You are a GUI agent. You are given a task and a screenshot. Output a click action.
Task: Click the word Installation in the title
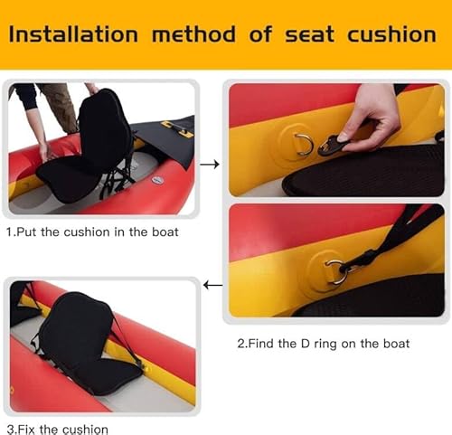click(x=73, y=34)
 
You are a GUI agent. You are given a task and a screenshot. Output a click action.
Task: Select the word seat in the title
click(x=307, y=34)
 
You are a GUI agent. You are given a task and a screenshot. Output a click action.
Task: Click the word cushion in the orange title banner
click(x=392, y=34)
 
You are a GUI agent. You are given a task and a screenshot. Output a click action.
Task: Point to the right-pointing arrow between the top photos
click(x=210, y=165)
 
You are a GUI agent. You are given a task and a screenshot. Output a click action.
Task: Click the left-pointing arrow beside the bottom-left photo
click(x=213, y=286)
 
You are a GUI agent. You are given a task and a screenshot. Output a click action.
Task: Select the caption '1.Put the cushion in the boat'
click(x=92, y=232)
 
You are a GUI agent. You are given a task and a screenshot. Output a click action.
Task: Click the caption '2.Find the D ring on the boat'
click(x=323, y=344)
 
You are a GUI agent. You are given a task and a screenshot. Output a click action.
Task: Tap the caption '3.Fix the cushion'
click(x=57, y=429)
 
